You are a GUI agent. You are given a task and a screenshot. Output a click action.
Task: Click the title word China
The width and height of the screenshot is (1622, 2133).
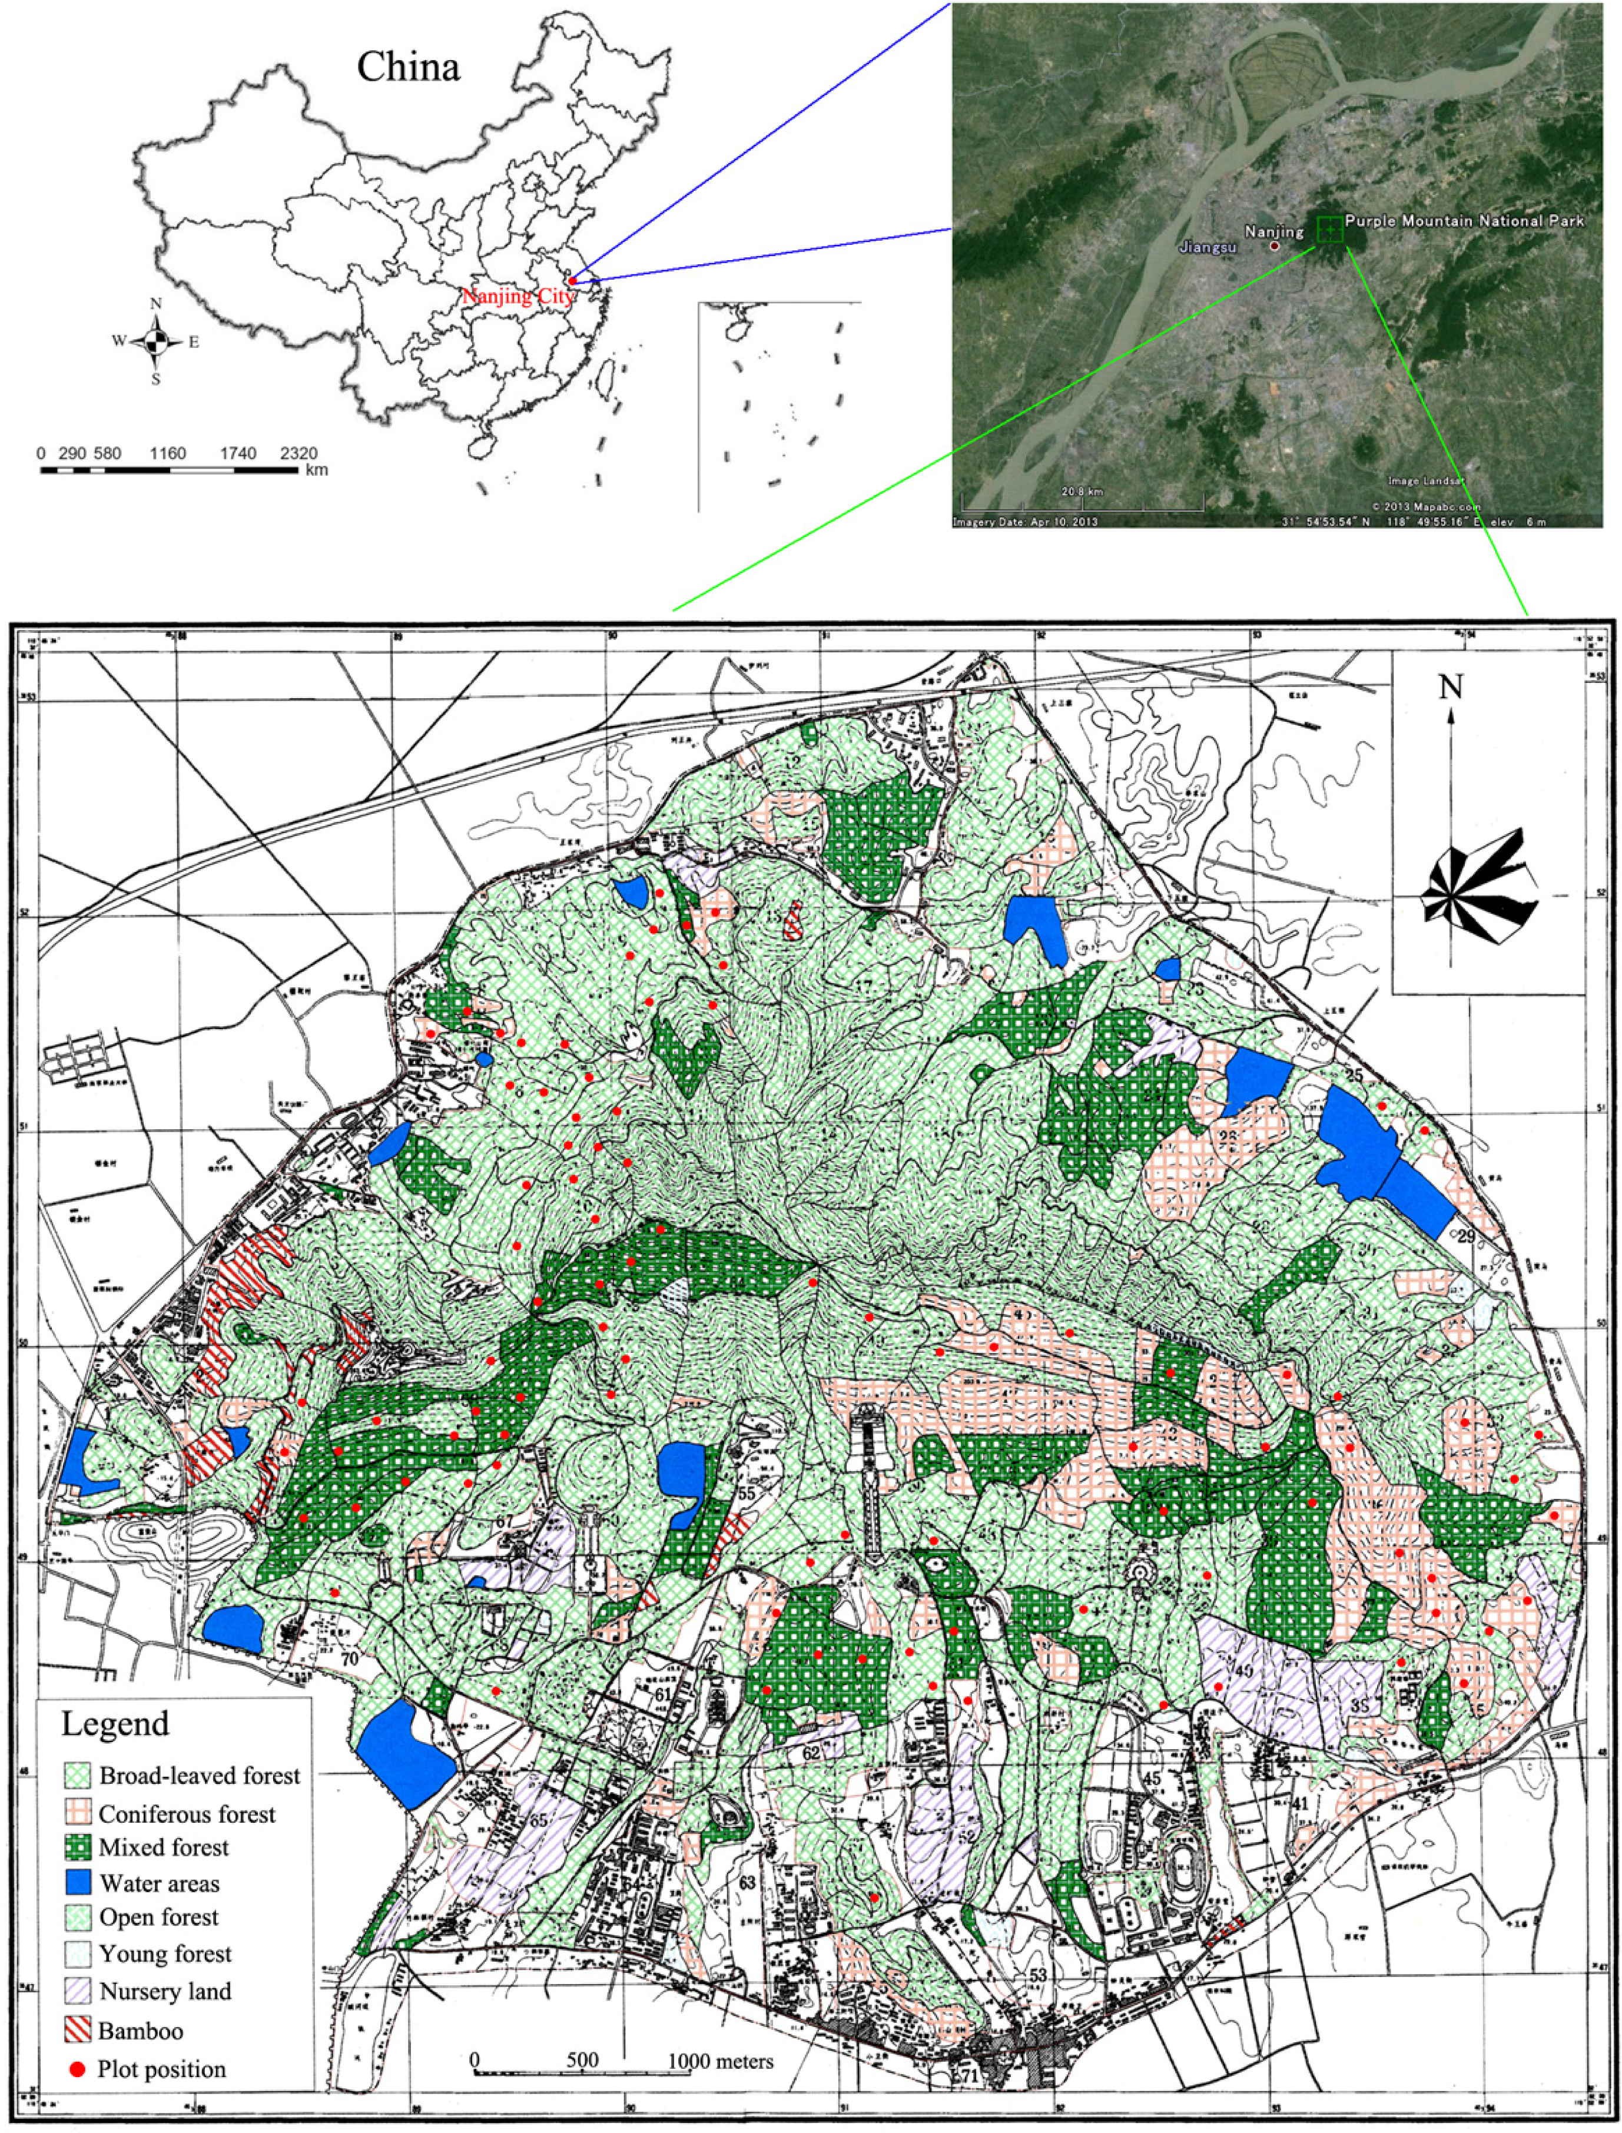[x=409, y=67]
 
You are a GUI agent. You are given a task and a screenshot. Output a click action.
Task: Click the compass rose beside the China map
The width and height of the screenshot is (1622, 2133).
[x=155, y=341]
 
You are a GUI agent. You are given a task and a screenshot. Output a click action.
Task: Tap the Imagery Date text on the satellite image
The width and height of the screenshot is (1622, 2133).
[x=1024, y=522]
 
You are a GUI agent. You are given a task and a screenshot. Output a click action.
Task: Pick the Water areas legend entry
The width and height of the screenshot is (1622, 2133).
[x=160, y=1884]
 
